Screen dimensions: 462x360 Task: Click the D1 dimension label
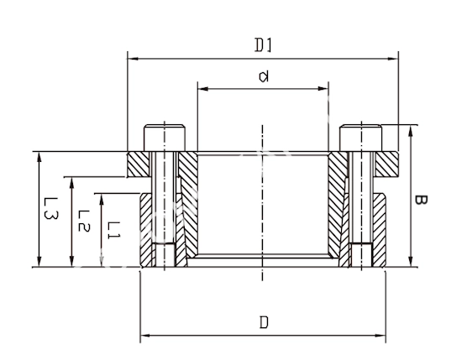coord(263,45)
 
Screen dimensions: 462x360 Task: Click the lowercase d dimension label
coord(264,76)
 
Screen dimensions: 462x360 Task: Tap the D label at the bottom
coord(264,322)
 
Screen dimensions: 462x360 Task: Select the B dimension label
coord(421,200)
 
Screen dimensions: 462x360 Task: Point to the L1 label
coord(113,230)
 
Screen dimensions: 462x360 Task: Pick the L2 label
coord(84,221)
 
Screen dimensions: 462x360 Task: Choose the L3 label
coord(50,208)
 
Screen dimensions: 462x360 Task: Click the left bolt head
coord(165,138)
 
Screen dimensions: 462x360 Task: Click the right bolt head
coord(360,138)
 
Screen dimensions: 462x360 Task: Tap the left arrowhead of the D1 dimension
coord(133,59)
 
